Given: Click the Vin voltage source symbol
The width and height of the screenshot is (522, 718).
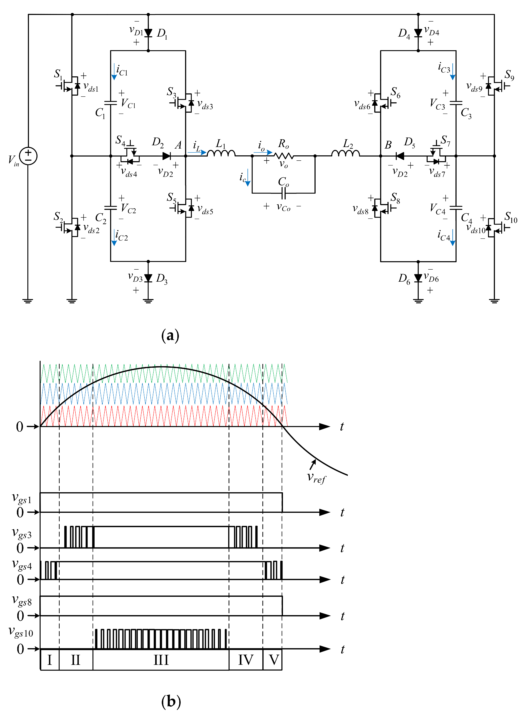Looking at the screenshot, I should [x=28, y=156].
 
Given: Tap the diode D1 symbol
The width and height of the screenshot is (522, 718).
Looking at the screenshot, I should [x=148, y=33].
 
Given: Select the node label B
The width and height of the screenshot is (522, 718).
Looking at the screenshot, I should [x=388, y=145].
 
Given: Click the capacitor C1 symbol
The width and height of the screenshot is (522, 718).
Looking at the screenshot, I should [x=111, y=103].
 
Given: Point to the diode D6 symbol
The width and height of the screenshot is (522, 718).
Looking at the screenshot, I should [x=418, y=278].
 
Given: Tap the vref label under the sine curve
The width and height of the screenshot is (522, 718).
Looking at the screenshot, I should [x=316, y=477].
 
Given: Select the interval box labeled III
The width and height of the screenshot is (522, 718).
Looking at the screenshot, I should [x=161, y=660].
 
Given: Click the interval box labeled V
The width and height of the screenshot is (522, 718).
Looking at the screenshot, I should [x=273, y=660].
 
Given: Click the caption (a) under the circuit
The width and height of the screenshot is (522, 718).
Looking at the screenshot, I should [x=170, y=335].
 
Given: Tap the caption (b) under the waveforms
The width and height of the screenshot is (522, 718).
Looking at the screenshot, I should [x=171, y=701].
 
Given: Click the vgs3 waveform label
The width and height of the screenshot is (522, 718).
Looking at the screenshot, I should [x=22, y=533].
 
